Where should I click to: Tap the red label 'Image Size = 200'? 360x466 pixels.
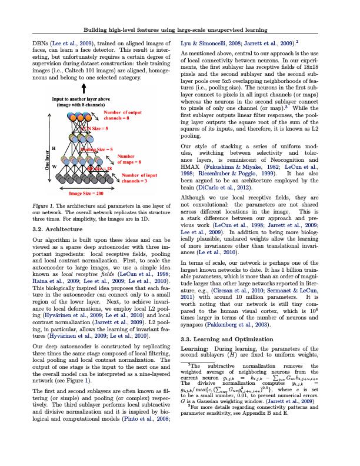click(x=86, y=193)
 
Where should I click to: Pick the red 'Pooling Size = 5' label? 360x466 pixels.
click(x=96, y=150)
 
